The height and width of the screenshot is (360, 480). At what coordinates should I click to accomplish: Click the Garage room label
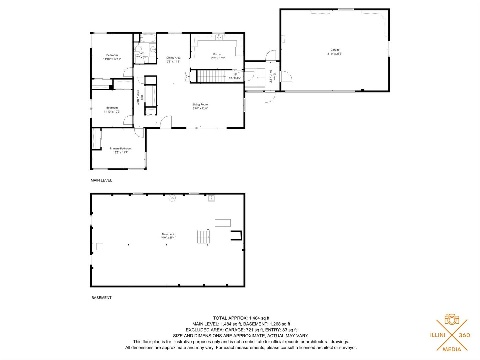point(335,50)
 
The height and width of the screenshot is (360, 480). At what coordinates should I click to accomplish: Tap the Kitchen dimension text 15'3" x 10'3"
point(218,58)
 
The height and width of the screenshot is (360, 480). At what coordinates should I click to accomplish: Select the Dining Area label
point(173,58)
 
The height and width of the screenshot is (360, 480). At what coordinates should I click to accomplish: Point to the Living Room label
point(200,104)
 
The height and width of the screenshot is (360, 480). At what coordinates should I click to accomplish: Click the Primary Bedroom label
point(121,148)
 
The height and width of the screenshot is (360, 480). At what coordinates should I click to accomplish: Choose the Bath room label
point(142,53)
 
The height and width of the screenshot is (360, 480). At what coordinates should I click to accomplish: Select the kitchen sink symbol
point(219,37)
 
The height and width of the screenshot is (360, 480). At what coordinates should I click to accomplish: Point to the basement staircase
point(203,237)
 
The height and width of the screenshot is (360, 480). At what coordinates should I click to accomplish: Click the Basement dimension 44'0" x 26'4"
point(168,238)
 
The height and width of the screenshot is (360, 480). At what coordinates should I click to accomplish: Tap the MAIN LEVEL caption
point(101,180)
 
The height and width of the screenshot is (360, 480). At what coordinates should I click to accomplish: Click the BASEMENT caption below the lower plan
point(101,298)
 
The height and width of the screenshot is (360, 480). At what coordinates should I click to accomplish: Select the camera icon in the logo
point(452,319)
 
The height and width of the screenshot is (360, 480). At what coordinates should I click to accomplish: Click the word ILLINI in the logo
point(438,335)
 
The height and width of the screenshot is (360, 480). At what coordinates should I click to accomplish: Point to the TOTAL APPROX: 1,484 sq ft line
point(241,318)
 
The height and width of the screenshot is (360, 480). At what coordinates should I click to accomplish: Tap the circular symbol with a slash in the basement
point(172,198)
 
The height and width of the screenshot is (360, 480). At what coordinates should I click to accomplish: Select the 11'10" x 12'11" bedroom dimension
point(112,59)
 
